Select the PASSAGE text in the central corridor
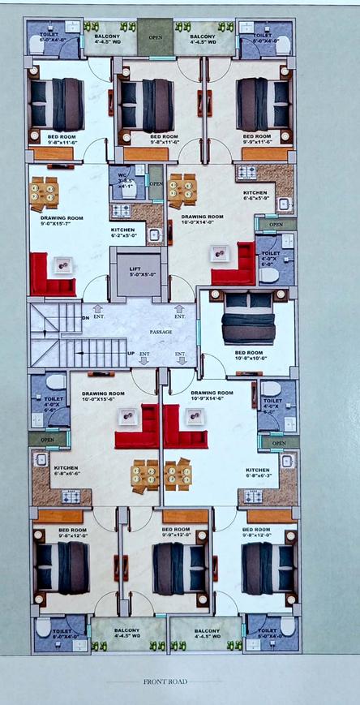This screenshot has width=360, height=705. [x=161, y=331]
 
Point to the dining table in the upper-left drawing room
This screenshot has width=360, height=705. [x=44, y=192]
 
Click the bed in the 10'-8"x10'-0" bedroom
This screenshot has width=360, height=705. [x=248, y=317]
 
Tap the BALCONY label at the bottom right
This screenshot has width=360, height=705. [x=205, y=634]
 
